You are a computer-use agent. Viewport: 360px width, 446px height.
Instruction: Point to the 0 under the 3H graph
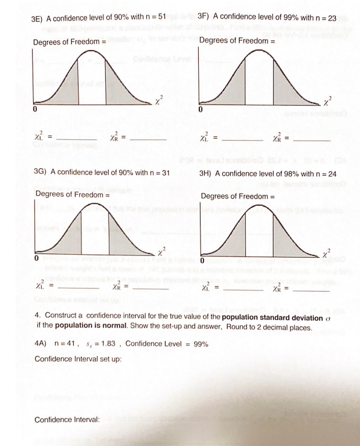point(203,261)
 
